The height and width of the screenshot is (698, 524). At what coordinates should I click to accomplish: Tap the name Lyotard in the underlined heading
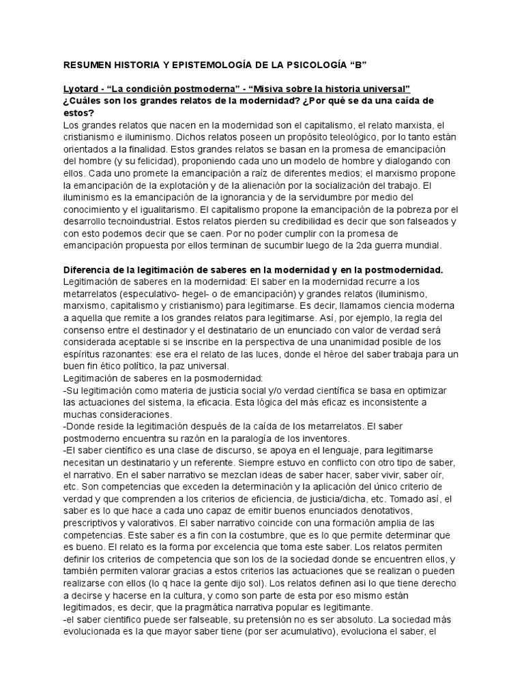click(80, 89)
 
